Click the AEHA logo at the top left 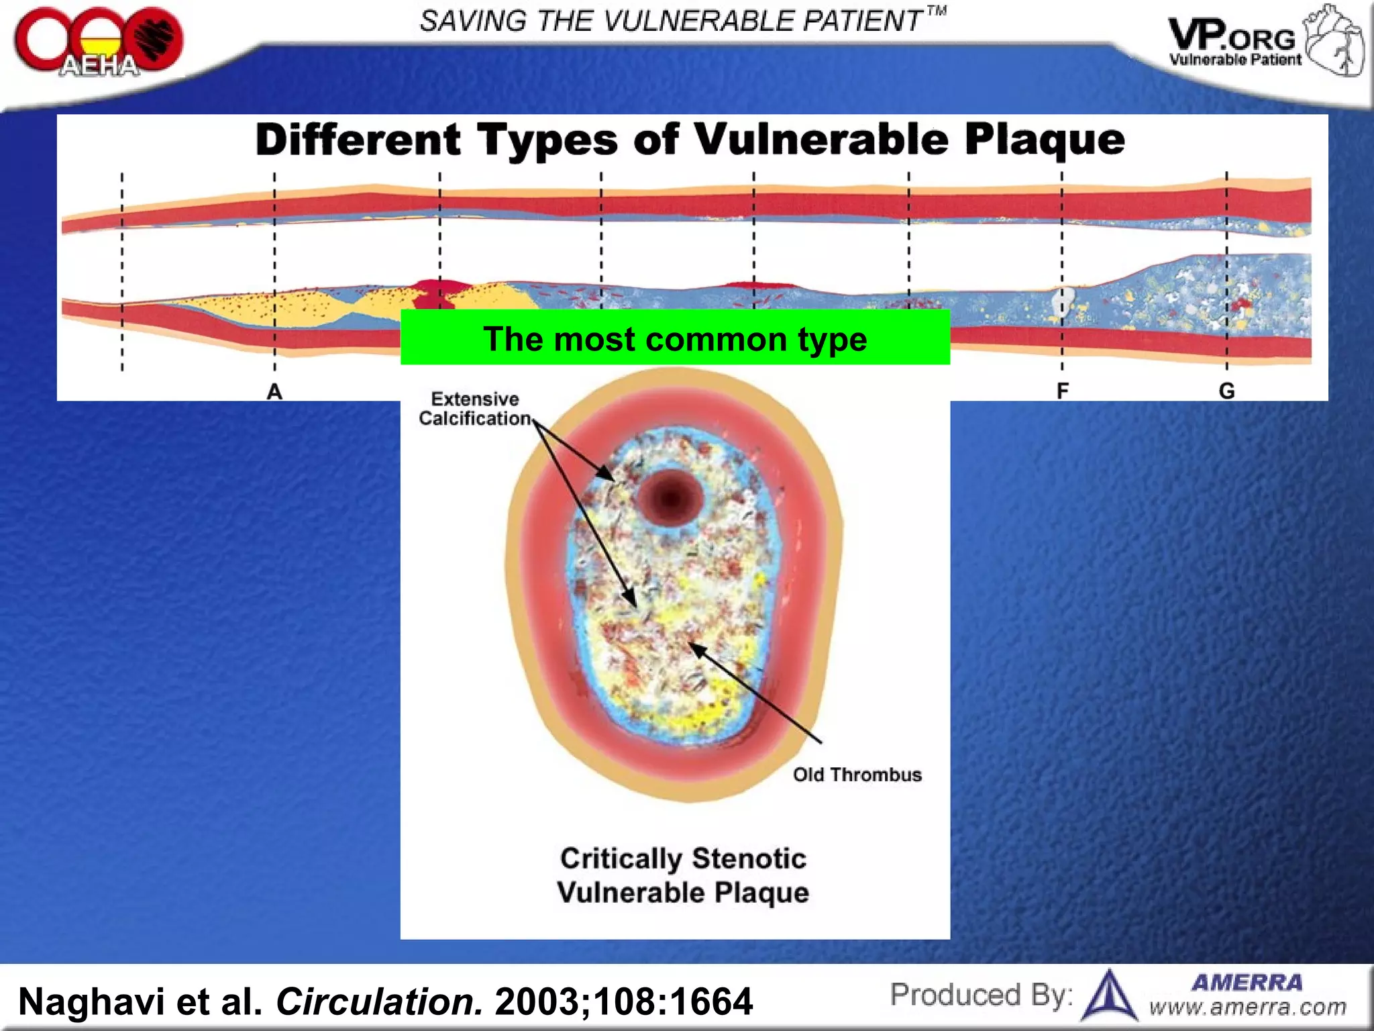(x=98, y=42)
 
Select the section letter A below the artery (x=274, y=391)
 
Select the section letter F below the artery (x=1062, y=391)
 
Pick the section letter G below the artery (x=1226, y=391)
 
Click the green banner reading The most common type (x=675, y=338)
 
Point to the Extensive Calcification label (x=475, y=409)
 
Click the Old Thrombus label (x=857, y=775)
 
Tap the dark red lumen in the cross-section (x=670, y=498)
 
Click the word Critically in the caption (x=621, y=858)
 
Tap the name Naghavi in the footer (x=91, y=1001)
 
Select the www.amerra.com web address (x=1247, y=1008)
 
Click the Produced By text (x=980, y=995)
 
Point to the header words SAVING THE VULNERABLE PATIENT (x=671, y=21)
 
